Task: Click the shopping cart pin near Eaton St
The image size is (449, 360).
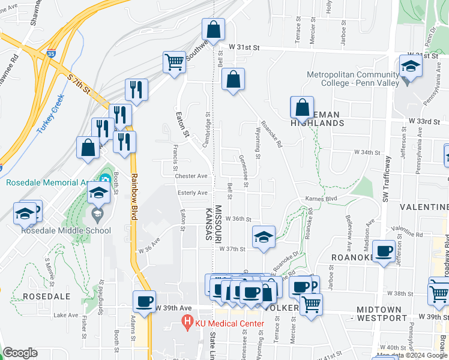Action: coord(174,62)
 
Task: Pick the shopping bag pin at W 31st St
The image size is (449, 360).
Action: coord(213,29)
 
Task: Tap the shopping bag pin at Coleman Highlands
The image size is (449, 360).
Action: coord(302,108)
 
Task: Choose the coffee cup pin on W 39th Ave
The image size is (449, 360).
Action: coord(144,301)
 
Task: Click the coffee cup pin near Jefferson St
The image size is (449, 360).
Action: coord(384,251)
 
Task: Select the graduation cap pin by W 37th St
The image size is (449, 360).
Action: coord(263,237)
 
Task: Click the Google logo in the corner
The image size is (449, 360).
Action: coord(20,353)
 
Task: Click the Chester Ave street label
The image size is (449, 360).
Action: coord(191,176)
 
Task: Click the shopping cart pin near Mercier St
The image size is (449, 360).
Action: coord(310,304)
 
